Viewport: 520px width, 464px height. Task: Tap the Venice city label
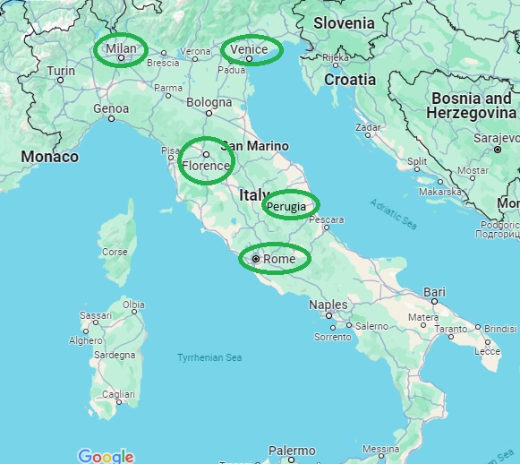[249, 48]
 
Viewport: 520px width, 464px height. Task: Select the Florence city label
[206, 166]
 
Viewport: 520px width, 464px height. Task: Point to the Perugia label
[291, 206]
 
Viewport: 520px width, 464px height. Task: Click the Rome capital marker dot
[256, 259]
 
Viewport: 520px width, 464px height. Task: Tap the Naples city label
[328, 305]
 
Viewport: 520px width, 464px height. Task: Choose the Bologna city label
[209, 102]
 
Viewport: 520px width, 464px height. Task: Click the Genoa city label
[111, 109]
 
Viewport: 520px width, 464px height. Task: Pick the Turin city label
[61, 71]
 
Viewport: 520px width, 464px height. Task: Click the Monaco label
[50, 157]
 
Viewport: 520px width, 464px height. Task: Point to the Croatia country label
[350, 79]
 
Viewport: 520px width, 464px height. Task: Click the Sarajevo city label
[496, 138]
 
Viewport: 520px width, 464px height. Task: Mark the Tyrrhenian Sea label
[209, 357]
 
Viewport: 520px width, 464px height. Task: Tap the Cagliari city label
[118, 394]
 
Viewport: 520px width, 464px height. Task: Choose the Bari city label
[434, 292]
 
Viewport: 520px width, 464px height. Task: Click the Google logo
[106, 456]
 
